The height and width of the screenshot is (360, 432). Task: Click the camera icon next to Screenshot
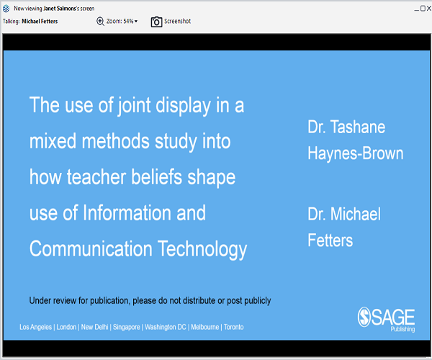(156, 22)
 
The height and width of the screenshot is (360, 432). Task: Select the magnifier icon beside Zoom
(100, 21)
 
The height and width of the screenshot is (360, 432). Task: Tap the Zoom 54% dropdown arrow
(136, 22)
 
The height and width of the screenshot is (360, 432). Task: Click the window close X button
(429, 9)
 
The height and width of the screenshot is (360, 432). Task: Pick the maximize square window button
(423, 9)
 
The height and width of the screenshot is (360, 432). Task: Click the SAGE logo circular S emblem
(364, 317)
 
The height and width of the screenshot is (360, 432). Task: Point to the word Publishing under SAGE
(402, 329)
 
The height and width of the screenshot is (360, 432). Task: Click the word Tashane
(358, 127)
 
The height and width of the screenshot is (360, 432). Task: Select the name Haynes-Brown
(356, 153)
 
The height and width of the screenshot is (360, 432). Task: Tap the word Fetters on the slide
(330, 240)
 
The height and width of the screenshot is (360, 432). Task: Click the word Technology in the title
(202, 249)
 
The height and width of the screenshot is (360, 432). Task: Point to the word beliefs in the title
(156, 177)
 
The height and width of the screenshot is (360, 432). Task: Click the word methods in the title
(115, 141)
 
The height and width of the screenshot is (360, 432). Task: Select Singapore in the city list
(127, 327)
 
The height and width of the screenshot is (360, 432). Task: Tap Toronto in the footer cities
(233, 327)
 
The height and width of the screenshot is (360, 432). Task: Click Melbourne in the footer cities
(205, 327)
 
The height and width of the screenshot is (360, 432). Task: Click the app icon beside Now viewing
(6, 9)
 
